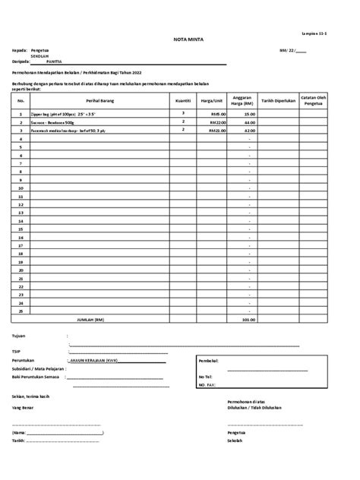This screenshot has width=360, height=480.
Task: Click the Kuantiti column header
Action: coord(183,99)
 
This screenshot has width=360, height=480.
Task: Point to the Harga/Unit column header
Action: coord(211,99)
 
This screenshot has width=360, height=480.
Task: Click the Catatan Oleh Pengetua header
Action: coord(313,99)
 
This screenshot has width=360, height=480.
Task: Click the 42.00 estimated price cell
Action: coord(249,130)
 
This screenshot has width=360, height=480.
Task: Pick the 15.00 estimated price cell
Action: coord(249,113)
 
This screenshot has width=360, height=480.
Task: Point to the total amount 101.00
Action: coord(248,320)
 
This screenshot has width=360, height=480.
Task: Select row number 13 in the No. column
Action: coord(21,213)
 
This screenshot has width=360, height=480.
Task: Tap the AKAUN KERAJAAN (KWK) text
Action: coord(92,360)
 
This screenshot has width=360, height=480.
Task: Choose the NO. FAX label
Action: coord(206,384)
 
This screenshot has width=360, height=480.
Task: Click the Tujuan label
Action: coord(19,335)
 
